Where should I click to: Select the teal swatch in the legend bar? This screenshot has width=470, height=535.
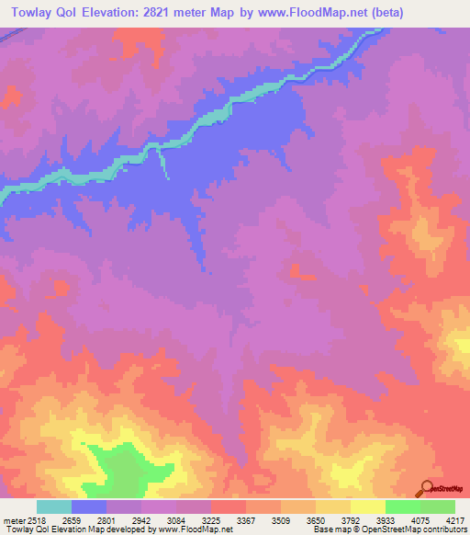point(53,507)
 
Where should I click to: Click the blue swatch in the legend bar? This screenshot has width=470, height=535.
point(88,507)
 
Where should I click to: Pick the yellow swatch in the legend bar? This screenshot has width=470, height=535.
point(367,507)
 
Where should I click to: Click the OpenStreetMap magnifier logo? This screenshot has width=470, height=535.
point(425,488)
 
